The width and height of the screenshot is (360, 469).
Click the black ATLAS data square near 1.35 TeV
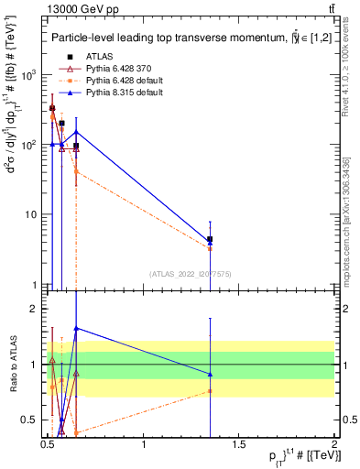tap(211, 239)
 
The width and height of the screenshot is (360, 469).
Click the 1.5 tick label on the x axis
tap(239, 444)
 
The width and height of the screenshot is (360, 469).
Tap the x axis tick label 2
tap(334, 444)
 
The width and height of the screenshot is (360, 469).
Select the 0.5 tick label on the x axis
tap(49, 444)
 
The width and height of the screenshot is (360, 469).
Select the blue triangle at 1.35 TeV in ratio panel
tap(211, 374)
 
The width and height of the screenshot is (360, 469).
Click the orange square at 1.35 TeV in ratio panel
tap(211, 391)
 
